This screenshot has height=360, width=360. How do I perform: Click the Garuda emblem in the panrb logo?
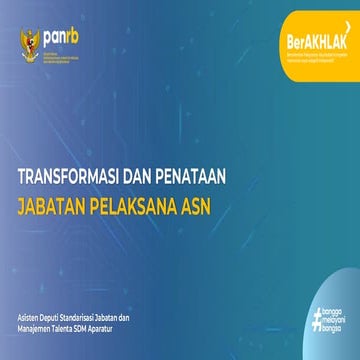(x=28, y=40)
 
